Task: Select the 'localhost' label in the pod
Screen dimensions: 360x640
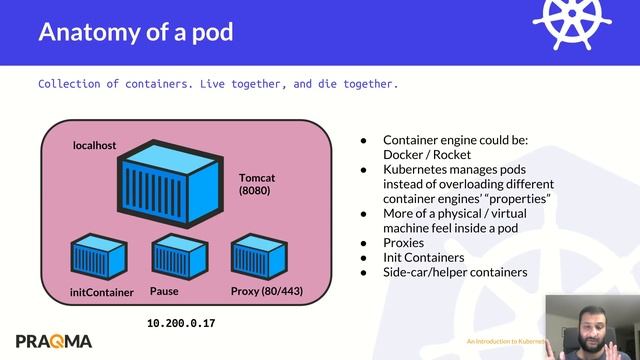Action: click(x=95, y=145)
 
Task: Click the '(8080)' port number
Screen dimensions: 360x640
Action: click(x=257, y=189)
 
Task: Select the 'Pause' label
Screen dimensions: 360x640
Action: click(x=164, y=291)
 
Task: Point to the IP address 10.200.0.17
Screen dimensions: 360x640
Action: click(x=181, y=324)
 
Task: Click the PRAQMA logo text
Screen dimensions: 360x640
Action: click(x=54, y=339)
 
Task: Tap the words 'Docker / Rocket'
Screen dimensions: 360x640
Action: click(x=425, y=155)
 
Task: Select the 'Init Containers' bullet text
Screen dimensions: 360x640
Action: click(x=425, y=257)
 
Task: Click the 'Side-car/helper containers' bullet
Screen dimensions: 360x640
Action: click(x=455, y=272)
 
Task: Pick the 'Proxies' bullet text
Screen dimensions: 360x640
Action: click(x=404, y=242)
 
